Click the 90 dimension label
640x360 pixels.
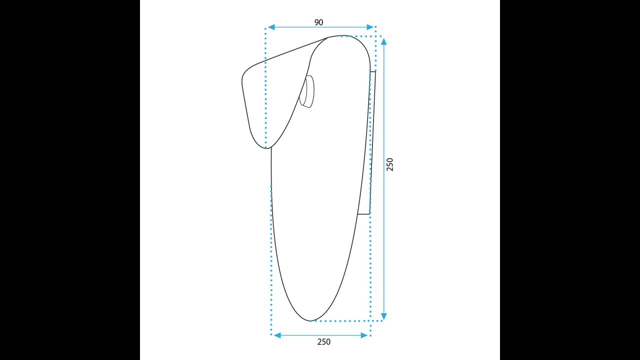point(318,22)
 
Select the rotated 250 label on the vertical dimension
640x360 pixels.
point(389,164)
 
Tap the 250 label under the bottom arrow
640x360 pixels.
point(323,341)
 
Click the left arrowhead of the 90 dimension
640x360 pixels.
point(271,27)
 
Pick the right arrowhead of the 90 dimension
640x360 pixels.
point(370,27)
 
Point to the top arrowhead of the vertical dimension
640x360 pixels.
point(384,41)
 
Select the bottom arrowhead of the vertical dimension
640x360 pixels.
point(384,316)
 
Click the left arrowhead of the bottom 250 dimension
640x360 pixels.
point(277,335)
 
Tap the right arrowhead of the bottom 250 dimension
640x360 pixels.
point(364,335)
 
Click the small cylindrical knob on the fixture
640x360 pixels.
point(307,91)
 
